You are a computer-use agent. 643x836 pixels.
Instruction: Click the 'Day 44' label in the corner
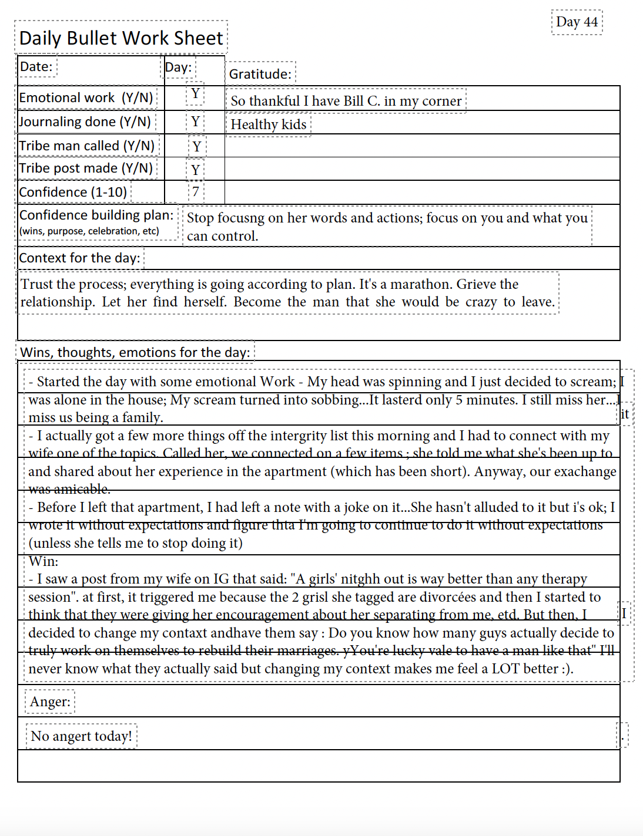point(577,22)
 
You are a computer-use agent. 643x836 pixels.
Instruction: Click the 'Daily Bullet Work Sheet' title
point(121,38)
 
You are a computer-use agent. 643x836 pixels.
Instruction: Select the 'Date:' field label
point(36,67)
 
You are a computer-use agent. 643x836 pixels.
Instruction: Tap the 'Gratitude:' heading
point(260,74)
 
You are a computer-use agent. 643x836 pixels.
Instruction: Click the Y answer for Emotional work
point(195,94)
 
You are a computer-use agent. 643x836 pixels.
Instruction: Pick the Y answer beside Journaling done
point(195,122)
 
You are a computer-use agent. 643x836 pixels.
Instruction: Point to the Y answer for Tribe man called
point(197,146)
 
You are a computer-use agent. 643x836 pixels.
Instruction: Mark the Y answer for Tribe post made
point(196,170)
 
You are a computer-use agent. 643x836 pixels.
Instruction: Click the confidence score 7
point(196,191)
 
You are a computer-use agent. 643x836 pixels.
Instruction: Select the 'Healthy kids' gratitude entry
point(268,124)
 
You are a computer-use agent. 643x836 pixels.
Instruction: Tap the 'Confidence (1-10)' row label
point(73,192)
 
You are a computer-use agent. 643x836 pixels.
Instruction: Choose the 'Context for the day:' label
point(79,258)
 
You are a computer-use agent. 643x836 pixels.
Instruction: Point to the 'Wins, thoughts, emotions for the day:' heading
point(135,352)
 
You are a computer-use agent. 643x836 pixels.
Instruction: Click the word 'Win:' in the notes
point(43,561)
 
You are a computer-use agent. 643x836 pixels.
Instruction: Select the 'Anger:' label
point(50,702)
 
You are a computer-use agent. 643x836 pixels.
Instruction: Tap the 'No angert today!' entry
point(81,736)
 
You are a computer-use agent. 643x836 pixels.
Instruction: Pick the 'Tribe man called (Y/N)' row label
point(86,146)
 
